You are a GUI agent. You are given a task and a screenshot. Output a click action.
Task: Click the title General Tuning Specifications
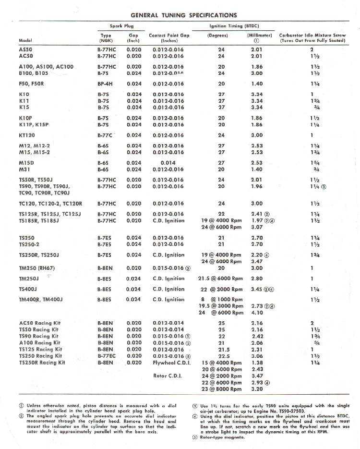(183, 15)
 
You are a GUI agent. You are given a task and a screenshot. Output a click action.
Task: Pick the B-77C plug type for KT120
(105, 135)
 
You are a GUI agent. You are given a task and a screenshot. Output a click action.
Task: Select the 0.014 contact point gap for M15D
(168, 163)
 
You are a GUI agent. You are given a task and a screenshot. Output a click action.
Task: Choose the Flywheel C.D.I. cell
(172, 363)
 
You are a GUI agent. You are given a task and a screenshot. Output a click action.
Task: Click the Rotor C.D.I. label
(167, 376)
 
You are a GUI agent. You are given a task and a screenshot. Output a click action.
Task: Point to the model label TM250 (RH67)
(36, 268)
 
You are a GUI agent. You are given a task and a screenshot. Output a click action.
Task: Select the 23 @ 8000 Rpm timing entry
(222, 389)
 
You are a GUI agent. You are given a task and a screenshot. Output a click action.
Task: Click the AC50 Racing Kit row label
(39, 323)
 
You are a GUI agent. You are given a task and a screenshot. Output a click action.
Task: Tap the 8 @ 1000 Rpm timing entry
(222, 300)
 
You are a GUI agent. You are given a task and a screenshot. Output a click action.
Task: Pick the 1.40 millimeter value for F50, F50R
(257, 84)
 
